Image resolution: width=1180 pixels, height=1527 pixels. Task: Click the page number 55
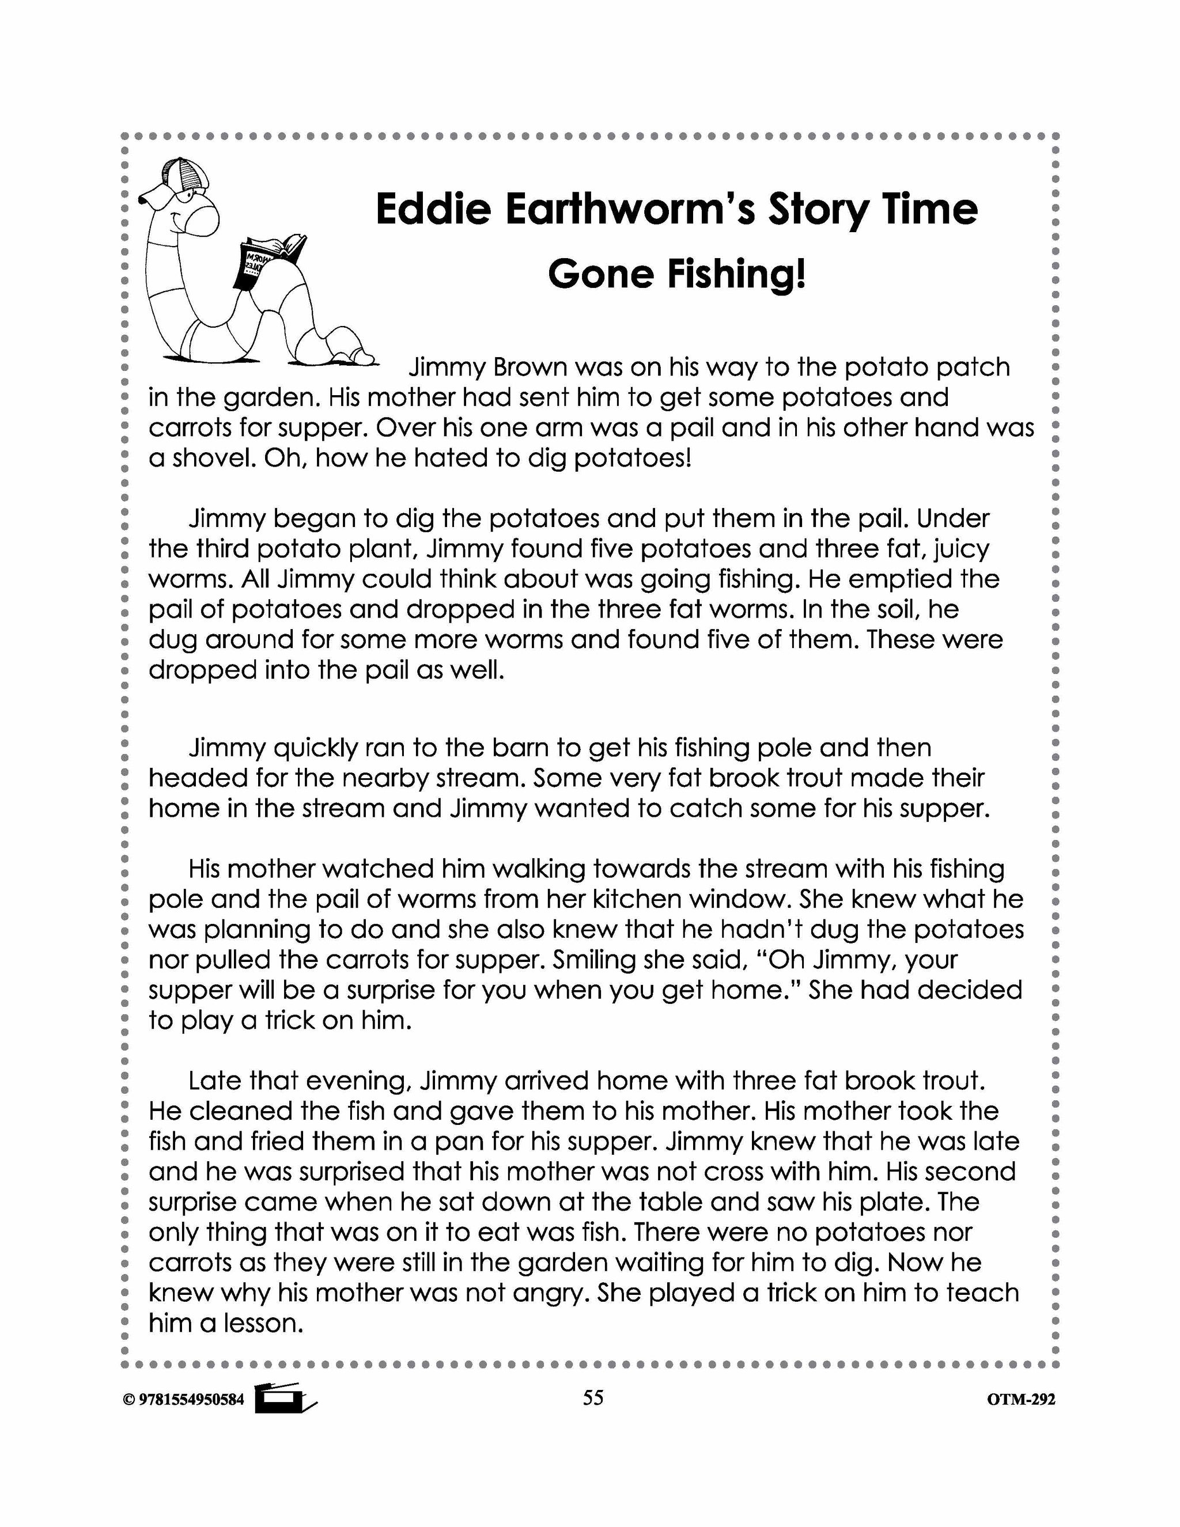592,1397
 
